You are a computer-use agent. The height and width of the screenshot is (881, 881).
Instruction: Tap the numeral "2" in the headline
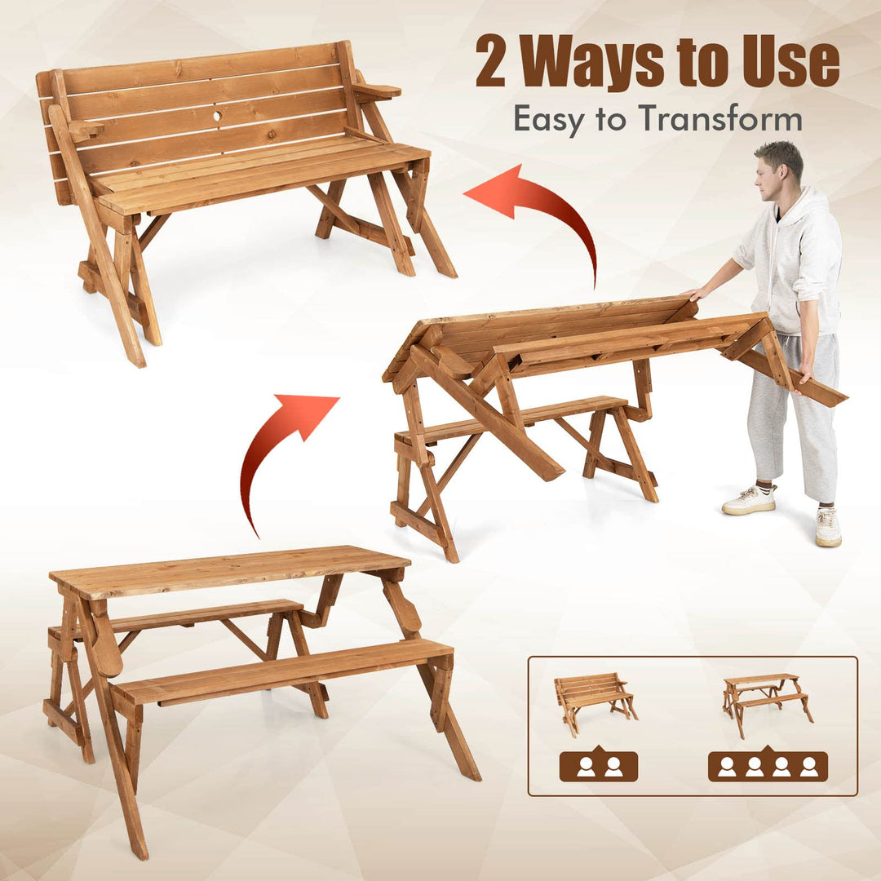click(x=493, y=63)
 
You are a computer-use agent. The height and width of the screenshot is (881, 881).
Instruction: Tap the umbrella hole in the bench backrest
click(x=218, y=117)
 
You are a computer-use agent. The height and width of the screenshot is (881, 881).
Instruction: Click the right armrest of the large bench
click(x=377, y=91)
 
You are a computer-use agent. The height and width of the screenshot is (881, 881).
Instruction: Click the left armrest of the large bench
click(x=85, y=129)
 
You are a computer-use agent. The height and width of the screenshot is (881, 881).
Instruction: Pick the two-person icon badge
click(x=599, y=766)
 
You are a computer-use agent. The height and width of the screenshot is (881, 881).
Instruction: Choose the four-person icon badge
click(x=768, y=766)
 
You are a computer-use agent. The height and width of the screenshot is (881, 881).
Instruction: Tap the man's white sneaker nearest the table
click(x=749, y=500)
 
